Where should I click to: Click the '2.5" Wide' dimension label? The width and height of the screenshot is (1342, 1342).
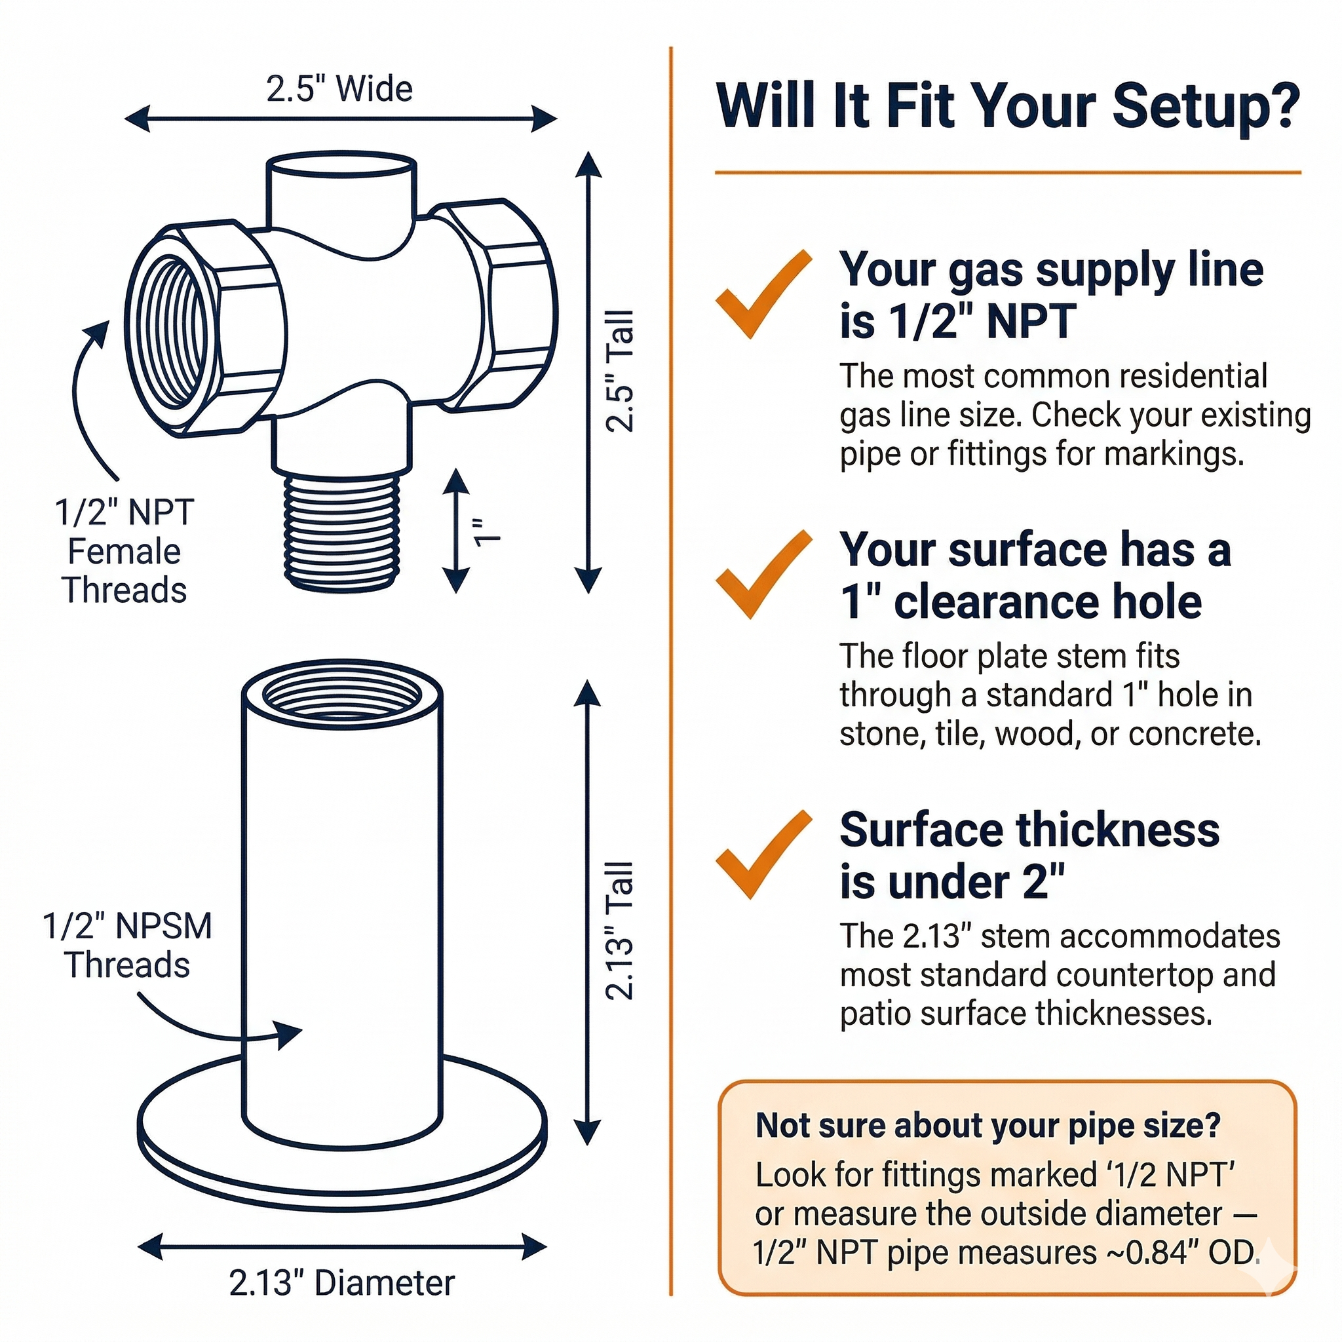(339, 89)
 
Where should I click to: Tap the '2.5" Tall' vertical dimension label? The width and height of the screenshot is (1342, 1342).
(621, 372)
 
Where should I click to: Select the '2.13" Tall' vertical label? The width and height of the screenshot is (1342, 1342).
(621, 930)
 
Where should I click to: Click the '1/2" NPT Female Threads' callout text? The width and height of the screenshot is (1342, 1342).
(125, 551)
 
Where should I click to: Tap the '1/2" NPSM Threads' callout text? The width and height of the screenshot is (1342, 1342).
(128, 946)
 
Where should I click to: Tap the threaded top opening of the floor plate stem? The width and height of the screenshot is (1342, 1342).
(342, 695)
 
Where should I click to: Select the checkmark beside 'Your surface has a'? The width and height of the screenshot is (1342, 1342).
(763, 575)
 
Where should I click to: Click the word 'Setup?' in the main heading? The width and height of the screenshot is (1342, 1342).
(1206, 105)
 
